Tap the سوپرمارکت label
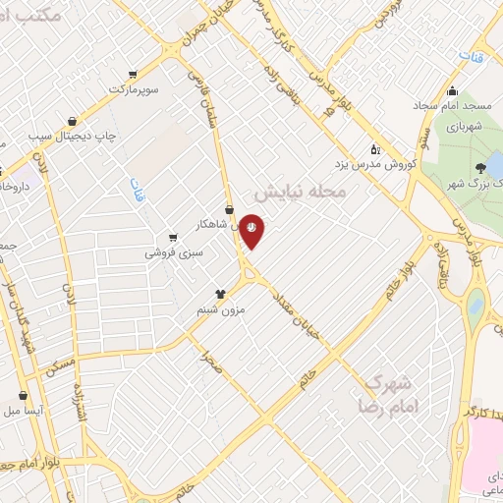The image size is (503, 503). coord(134,90)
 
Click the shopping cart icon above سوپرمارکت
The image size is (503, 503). coord(133,74)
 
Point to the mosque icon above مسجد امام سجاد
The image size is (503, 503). coord(451,90)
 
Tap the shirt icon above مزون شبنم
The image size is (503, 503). coord(220,293)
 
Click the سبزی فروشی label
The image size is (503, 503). coord(173,252)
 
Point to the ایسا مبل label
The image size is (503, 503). coord(24,411)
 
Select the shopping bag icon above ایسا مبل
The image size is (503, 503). coord(23,395)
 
